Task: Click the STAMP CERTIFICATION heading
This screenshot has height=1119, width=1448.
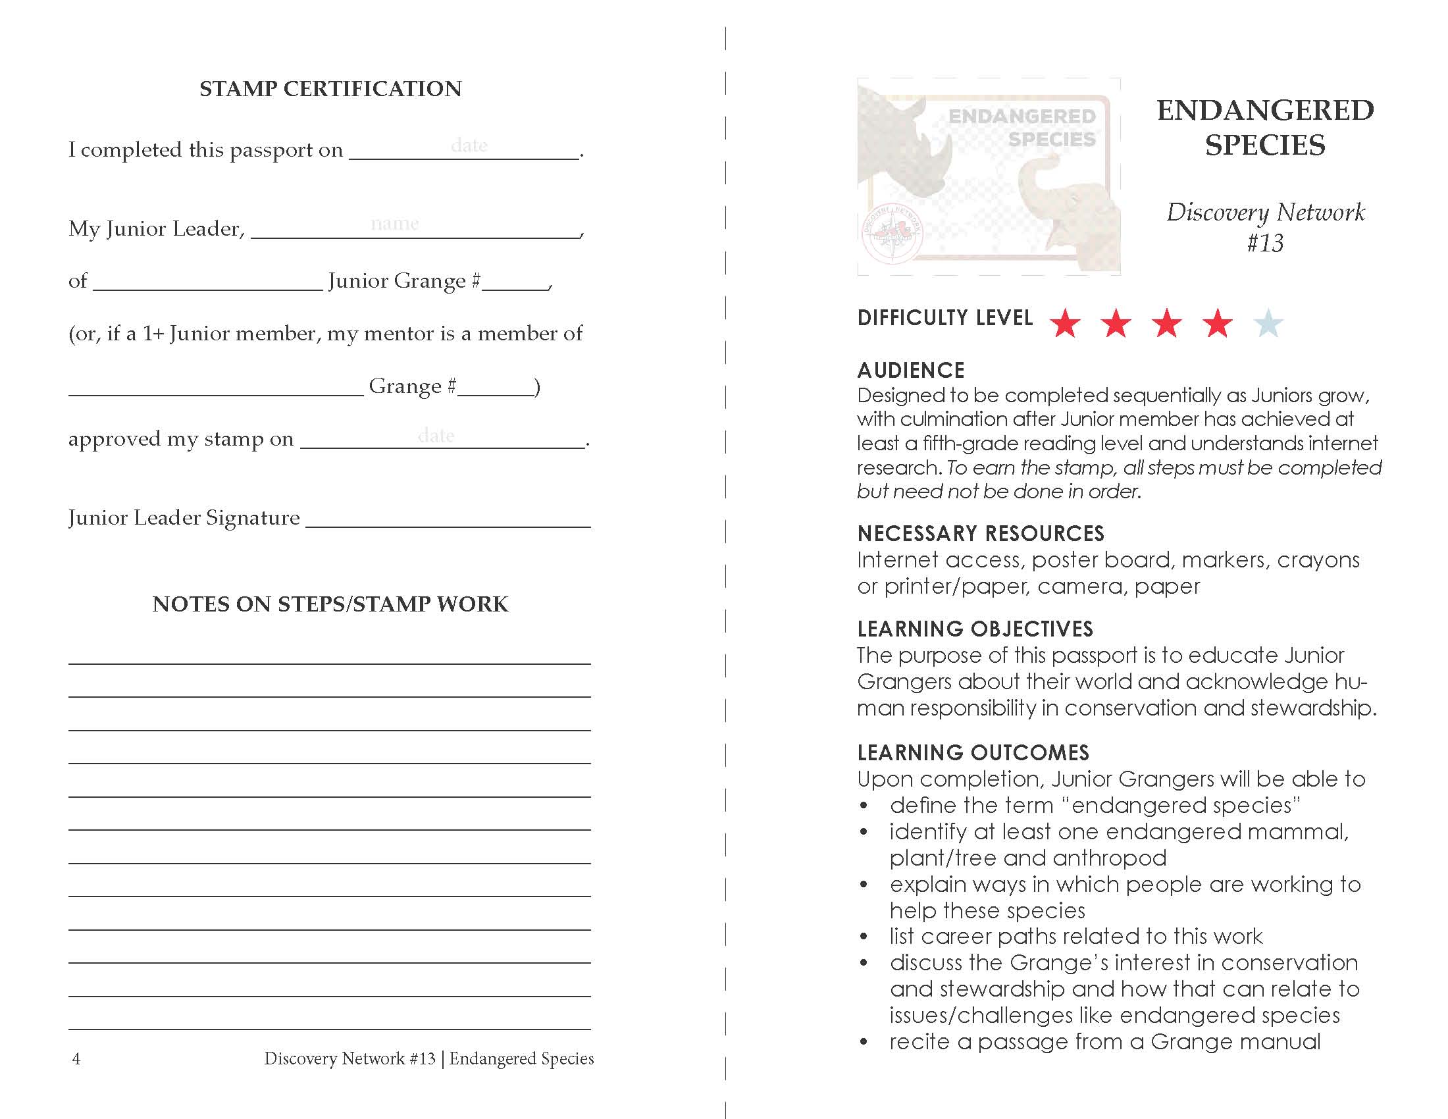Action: [x=330, y=89]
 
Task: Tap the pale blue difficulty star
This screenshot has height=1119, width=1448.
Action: [x=1268, y=323]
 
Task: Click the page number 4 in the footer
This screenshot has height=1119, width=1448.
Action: [x=76, y=1058]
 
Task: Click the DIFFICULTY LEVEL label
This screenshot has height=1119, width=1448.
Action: [x=944, y=318]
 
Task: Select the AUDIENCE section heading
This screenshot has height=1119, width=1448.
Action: [x=911, y=370]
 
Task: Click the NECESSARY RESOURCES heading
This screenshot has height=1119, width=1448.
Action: [x=981, y=534]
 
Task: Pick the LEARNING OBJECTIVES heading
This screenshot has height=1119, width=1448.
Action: [x=975, y=629]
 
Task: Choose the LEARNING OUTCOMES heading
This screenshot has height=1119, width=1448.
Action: [x=973, y=752]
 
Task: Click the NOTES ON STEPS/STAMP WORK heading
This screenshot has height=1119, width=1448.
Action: [x=330, y=604]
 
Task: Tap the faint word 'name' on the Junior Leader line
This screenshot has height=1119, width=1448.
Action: [x=394, y=224]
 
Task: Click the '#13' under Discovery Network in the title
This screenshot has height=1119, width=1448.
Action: [x=1264, y=244]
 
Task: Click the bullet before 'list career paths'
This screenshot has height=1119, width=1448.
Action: [x=864, y=937]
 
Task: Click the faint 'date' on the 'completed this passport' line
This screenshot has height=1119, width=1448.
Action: [x=469, y=145]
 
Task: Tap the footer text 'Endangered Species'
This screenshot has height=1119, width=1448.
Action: [x=521, y=1058]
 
